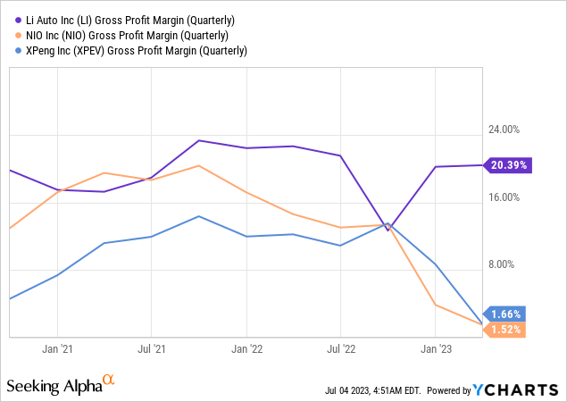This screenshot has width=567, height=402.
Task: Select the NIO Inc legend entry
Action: pyautogui.click(x=127, y=34)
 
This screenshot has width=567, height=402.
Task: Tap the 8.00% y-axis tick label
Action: pyautogui.click(x=510, y=264)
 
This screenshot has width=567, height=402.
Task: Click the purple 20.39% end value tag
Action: pyautogui.click(x=507, y=165)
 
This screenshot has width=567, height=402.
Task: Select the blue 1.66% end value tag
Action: pyautogui.click(x=504, y=314)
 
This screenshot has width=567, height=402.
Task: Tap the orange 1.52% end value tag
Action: pyautogui.click(x=504, y=330)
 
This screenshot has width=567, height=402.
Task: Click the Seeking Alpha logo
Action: pyautogui.click(x=61, y=385)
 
